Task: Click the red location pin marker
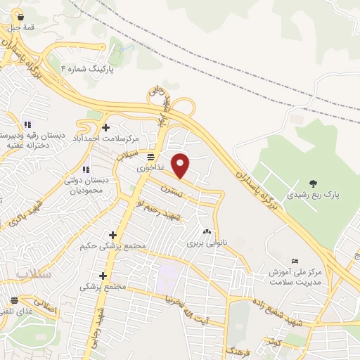click(181, 166)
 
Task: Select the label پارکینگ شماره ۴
click(86, 69)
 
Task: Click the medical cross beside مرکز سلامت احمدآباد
click(105, 127)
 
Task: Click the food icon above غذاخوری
click(151, 156)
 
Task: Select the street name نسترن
click(171, 190)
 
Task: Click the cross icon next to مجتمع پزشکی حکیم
click(112, 235)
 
